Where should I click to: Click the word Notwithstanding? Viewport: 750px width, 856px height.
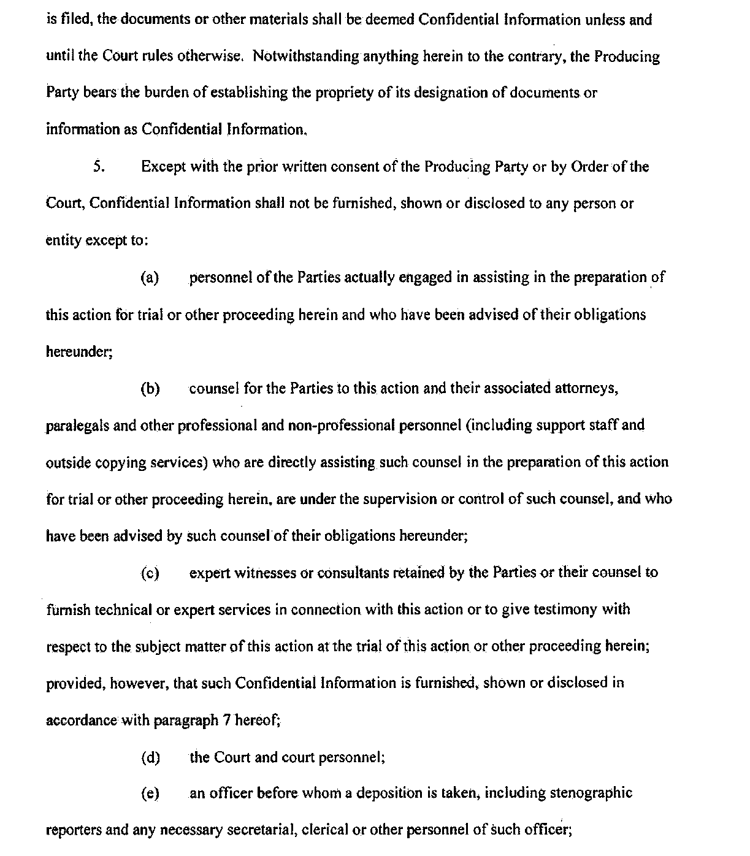(305, 57)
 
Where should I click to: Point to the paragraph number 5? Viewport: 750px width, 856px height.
(98, 167)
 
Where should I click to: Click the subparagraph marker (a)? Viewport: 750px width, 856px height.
(150, 278)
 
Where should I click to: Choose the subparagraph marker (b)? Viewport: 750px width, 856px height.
(150, 389)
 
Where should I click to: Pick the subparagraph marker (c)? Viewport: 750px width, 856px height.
(150, 573)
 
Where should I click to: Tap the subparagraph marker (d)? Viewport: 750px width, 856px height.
(150, 758)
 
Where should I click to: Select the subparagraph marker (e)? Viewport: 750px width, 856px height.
(150, 793)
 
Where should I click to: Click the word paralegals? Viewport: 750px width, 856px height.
(77, 426)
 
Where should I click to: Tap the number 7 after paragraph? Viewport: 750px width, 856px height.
(226, 720)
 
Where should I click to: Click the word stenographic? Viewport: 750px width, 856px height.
(590, 793)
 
